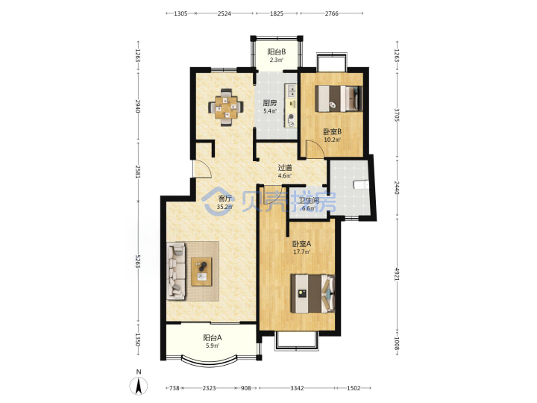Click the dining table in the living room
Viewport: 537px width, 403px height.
pos(226,107)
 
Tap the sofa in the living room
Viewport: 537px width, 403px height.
pos(176,271)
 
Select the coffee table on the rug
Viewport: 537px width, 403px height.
pos(201,272)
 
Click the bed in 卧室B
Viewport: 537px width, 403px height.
pos(339,99)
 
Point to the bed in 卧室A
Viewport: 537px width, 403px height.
pos(313,293)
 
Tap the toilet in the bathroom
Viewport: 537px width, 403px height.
pos(361,185)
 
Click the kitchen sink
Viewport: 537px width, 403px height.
pos(292,91)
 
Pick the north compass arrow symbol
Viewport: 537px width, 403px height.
pos(139,386)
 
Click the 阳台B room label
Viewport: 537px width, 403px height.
pos(277,52)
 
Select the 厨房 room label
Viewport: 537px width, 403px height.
pos(270,103)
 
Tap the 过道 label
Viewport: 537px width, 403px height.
pos(285,168)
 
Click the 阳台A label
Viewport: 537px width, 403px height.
pos(213,338)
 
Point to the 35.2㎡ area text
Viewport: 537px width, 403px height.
pos(225,207)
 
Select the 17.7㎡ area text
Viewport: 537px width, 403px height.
pos(302,252)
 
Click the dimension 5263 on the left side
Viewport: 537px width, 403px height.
pos(138,261)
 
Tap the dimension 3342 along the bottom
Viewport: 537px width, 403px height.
pos(297,388)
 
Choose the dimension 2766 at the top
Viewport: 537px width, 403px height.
pos(331,13)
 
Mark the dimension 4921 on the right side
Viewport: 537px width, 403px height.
pos(397,274)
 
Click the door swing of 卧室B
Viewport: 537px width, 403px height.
pos(315,149)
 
